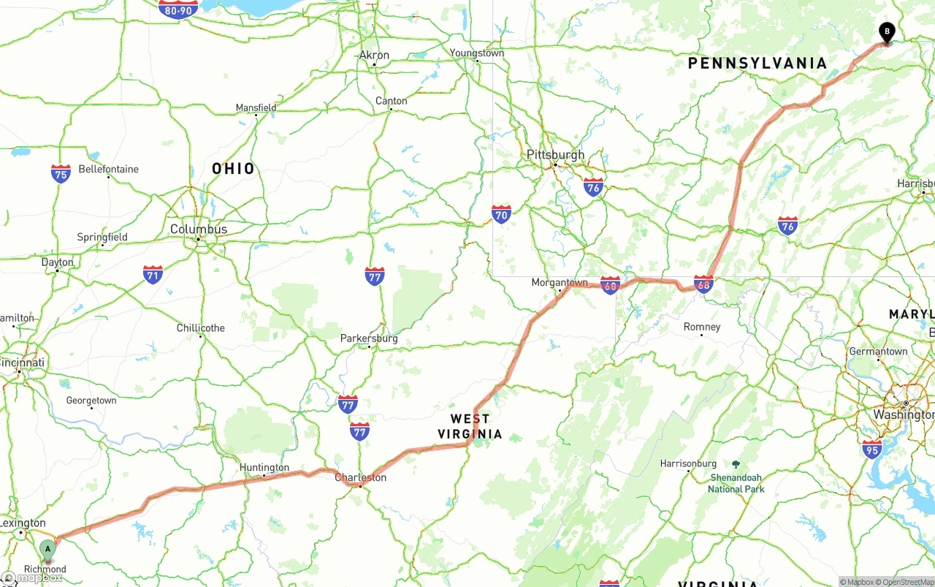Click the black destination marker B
(x=886, y=33)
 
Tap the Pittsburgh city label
(x=556, y=155)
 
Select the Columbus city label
(x=199, y=229)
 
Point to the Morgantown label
(x=560, y=282)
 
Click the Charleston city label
(x=360, y=477)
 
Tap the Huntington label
(x=264, y=467)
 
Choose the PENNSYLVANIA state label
(x=757, y=64)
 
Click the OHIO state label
(x=234, y=169)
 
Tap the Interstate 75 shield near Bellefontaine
(x=61, y=173)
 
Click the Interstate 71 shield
(x=153, y=275)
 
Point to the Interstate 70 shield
(x=501, y=213)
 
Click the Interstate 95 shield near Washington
(x=871, y=449)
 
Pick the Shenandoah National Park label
(x=736, y=482)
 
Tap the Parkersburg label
(x=369, y=338)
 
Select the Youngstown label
(x=477, y=53)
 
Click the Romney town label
(x=702, y=327)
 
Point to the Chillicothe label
(x=201, y=327)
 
